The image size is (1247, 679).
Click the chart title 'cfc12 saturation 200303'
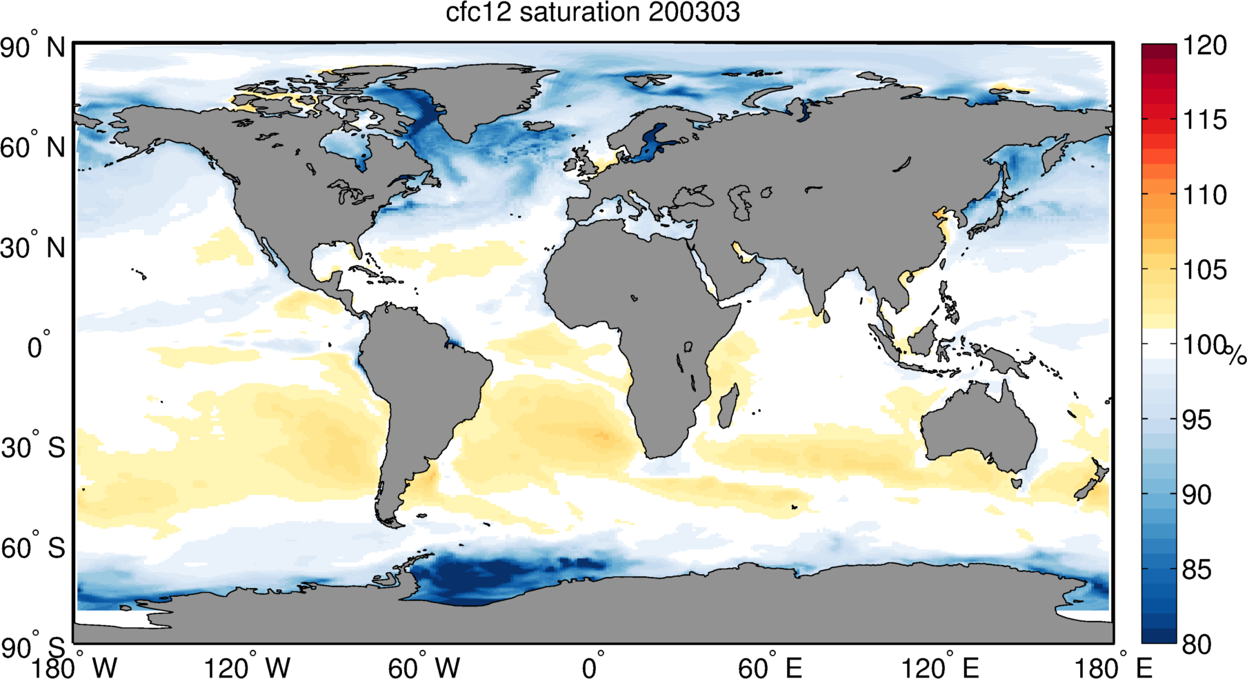[592, 12]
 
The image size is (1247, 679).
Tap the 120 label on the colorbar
[1204, 46]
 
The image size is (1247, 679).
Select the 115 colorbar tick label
[1204, 120]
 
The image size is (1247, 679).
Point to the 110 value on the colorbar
[1204, 195]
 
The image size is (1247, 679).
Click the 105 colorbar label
[1204, 270]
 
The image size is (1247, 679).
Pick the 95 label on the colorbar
[1197, 420]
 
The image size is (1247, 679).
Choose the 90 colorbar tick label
[1197, 495]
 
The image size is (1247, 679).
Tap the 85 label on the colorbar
[1197, 570]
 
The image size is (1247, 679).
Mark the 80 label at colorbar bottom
[1197, 644]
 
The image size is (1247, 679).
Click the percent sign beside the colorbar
[1236, 356]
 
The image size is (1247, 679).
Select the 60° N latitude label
[32, 148]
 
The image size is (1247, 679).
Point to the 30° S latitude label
[33, 448]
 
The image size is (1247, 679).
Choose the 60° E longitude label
[769, 667]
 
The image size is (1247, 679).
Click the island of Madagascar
[728, 406]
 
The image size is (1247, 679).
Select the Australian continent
[979, 428]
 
